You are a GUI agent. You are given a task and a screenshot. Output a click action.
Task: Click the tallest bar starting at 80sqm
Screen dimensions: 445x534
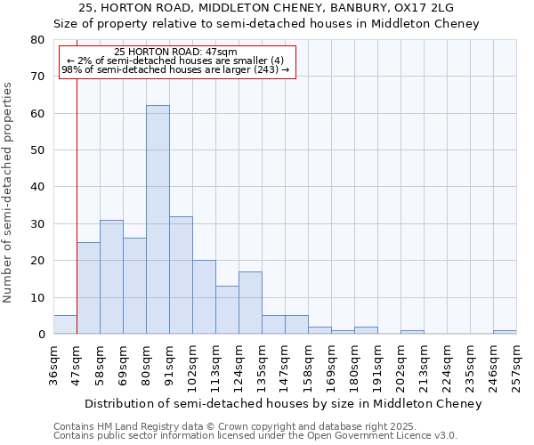tap(158, 220)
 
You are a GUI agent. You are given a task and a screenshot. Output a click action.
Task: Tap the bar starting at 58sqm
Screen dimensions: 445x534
tap(111, 277)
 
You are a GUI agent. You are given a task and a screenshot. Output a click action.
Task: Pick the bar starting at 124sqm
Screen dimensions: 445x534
tap(250, 303)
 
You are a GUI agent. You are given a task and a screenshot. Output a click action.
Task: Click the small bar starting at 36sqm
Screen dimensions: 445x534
tap(65, 325)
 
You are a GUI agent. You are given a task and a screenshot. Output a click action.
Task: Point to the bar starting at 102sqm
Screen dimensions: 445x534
tap(204, 297)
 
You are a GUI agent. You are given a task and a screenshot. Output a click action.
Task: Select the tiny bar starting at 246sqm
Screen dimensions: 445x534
tap(505, 332)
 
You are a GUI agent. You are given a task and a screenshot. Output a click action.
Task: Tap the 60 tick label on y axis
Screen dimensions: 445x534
tap(36, 114)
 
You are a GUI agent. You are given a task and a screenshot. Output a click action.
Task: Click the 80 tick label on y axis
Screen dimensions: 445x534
tap(36, 40)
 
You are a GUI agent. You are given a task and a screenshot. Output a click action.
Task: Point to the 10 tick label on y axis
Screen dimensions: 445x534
tap(36, 298)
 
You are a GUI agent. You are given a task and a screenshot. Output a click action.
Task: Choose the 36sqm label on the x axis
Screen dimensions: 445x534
tap(53, 364)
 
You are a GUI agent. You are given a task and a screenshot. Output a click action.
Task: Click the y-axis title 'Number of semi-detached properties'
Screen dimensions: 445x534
tap(9, 191)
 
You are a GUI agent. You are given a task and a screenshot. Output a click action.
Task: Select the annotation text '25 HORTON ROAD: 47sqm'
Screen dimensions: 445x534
tap(176, 53)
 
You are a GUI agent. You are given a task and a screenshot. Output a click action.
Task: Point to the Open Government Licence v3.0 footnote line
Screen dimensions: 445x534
tap(255, 436)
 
